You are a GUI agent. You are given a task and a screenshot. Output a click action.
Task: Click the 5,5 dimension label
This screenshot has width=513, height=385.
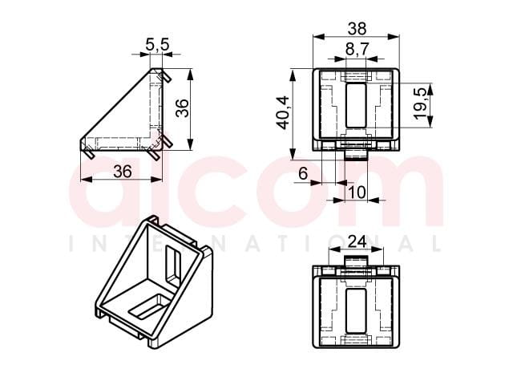point(158,44)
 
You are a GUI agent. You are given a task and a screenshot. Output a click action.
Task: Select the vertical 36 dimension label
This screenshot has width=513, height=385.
point(182,107)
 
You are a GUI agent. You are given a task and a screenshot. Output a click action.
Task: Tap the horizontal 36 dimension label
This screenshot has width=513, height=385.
point(123,171)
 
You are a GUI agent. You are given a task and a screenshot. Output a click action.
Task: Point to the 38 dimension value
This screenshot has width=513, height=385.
point(357,29)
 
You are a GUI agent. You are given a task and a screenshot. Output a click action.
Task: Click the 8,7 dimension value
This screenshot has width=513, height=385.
point(357,49)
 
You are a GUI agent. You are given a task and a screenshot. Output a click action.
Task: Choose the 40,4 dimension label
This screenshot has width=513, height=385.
point(282,112)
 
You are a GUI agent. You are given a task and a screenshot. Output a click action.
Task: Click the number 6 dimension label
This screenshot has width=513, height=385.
point(303,173)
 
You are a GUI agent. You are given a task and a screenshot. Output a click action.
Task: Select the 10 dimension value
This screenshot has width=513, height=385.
point(357,192)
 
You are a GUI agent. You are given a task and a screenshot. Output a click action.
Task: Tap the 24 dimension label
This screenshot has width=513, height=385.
point(357,242)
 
